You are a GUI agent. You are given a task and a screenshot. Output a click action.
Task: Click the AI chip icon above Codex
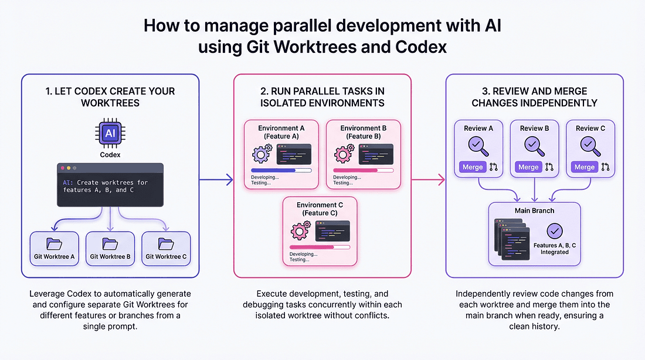click(x=110, y=134)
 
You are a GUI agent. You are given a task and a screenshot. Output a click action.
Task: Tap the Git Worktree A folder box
click(x=54, y=249)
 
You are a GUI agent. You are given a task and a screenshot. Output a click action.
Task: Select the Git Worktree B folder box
click(x=110, y=249)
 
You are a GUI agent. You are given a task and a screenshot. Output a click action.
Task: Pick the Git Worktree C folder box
click(x=166, y=249)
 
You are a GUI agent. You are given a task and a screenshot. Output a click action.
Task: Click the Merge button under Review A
click(x=473, y=167)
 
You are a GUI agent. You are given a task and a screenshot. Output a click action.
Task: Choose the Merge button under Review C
click(x=584, y=167)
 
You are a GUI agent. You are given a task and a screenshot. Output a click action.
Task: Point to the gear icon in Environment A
click(x=261, y=154)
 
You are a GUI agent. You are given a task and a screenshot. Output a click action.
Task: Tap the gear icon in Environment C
click(x=300, y=230)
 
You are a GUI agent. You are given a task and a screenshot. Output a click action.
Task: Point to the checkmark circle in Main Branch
click(x=555, y=231)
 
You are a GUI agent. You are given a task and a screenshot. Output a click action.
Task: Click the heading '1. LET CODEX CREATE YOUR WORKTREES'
click(x=110, y=97)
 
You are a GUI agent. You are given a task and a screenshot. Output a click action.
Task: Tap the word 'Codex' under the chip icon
click(x=110, y=155)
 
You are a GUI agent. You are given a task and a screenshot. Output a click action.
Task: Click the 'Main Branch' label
click(x=534, y=210)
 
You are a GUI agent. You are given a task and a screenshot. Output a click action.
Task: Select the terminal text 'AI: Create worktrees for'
click(x=106, y=182)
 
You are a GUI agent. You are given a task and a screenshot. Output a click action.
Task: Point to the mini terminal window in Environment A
click(x=294, y=154)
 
